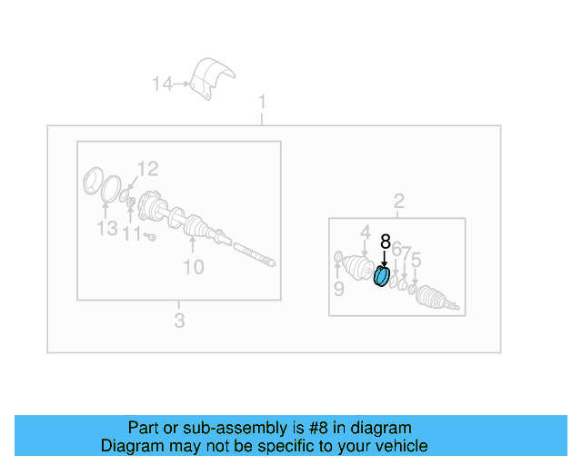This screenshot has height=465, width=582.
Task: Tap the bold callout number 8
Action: pyautogui.click(x=385, y=242)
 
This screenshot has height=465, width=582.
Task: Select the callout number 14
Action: pyautogui.click(x=162, y=84)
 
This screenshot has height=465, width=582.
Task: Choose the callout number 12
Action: pyautogui.click(x=147, y=168)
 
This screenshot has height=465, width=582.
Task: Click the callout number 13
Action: pyautogui.click(x=107, y=229)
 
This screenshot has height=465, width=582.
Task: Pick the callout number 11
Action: pyautogui.click(x=133, y=234)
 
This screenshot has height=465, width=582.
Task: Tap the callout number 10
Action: pyautogui.click(x=194, y=267)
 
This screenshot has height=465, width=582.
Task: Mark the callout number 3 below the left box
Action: pyautogui.click(x=179, y=321)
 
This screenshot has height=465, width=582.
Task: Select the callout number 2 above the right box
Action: pyautogui.click(x=398, y=201)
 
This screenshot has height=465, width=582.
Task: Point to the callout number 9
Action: pyautogui.click(x=338, y=290)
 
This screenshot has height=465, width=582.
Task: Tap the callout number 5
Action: pyautogui.click(x=416, y=262)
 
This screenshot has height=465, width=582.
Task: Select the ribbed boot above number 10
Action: pyautogui.click(x=194, y=227)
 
